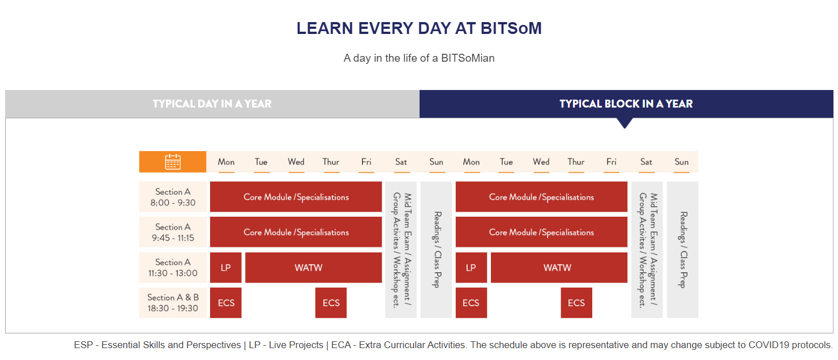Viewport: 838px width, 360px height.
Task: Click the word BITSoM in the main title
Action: click(x=511, y=28)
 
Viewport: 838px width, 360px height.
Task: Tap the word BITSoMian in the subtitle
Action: click(x=468, y=58)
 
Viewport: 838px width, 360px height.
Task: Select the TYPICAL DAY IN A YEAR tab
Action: click(x=212, y=104)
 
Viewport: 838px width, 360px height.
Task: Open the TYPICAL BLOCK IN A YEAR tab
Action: click(x=626, y=104)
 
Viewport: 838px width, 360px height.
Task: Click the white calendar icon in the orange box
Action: click(x=173, y=162)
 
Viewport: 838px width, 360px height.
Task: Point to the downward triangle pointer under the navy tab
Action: click(x=625, y=123)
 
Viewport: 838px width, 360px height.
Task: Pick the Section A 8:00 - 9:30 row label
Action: click(x=173, y=197)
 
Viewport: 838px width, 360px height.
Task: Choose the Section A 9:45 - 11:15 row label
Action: click(x=173, y=232)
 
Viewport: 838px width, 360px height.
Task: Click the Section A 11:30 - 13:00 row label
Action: click(x=173, y=268)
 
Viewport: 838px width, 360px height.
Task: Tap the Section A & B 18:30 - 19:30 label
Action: click(x=173, y=303)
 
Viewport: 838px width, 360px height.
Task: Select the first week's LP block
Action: click(x=225, y=268)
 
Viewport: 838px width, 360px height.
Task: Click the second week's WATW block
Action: click(x=559, y=268)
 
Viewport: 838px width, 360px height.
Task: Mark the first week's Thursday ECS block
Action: click(x=331, y=303)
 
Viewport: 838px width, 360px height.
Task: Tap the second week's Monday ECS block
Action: click(x=471, y=303)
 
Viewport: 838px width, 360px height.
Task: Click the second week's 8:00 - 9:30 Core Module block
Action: click(x=541, y=197)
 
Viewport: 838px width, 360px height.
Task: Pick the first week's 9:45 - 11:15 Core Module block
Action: click(x=296, y=232)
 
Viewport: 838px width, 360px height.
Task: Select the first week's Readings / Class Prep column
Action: click(x=436, y=250)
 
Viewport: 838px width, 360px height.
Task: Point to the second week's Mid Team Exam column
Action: click(x=647, y=250)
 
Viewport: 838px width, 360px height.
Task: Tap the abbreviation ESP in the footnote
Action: click(x=83, y=345)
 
